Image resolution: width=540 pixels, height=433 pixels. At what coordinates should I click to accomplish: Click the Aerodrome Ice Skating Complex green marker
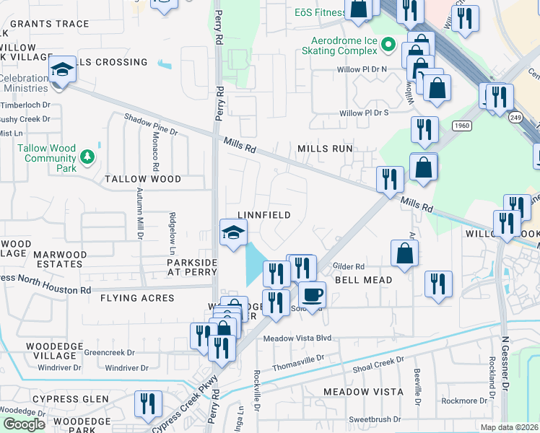pyautogui.click(x=388, y=45)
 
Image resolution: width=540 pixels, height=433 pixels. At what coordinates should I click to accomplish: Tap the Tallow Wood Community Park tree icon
pyautogui.click(x=87, y=155)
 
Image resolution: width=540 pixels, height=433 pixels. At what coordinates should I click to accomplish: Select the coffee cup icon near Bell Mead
pyautogui.click(x=312, y=294)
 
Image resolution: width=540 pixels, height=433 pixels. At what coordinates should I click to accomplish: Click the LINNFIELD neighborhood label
pyautogui.click(x=264, y=215)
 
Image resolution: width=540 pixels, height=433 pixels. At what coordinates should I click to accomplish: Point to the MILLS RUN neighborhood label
pyautogui.click(x=325, y=149)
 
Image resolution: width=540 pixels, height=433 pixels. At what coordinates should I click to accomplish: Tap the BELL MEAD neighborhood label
pyautogui.click(x=363, y=279)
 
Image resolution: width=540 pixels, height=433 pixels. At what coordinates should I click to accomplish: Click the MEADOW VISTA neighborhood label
pyautogui.click(x=362, y=391)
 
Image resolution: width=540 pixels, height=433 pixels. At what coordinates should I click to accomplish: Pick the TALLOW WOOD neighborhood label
pyautogui.click(x=143, y=179)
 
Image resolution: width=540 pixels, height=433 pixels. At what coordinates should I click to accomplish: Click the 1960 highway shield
pyautogui.click(x=463, y=126)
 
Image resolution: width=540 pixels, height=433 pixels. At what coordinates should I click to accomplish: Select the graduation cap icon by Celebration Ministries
pyautogui.click(x=63, y=69)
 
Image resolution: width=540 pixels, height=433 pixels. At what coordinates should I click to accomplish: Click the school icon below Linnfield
pyautogui.click(x=233, y=232)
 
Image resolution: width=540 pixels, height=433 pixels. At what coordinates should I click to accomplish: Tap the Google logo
pyautogui.click(x=24, y=424)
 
